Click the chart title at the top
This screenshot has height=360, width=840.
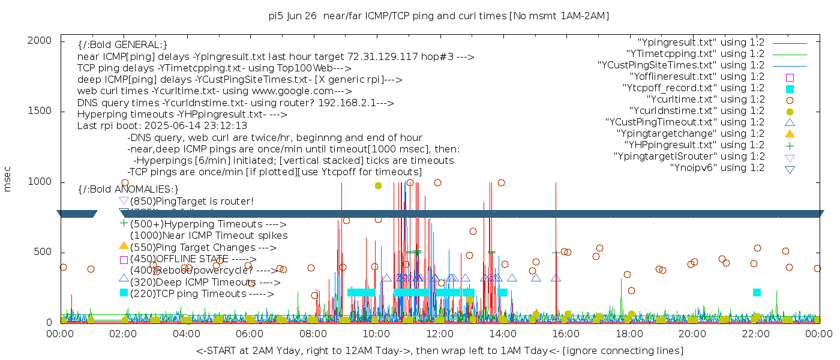[x=439, y=16]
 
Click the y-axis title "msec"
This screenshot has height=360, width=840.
[x=8, y=178]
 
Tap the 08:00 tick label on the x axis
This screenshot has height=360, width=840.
[x=313, y=334]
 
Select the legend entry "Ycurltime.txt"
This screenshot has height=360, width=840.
[x=706, y=100]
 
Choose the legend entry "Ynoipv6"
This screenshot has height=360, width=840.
[x=717, y=168]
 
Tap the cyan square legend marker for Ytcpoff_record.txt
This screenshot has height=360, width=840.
[x=790, y=89]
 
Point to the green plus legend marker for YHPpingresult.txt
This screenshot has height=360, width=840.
[x=790, y=145]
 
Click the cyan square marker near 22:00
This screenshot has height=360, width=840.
[x=757, y=292]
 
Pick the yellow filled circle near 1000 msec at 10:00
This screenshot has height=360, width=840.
[x=378, y=186]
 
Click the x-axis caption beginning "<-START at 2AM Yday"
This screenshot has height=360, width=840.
[x=439, y=350]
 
